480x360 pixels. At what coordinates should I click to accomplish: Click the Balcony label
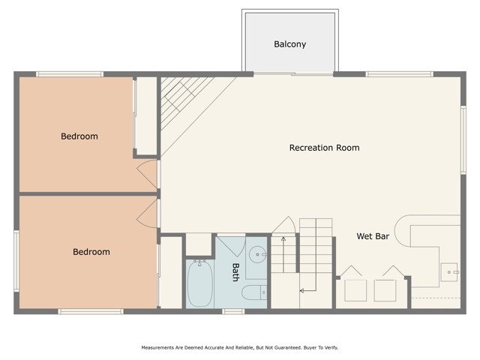click(289, 44)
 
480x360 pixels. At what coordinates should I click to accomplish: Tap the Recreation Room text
click(324, 148)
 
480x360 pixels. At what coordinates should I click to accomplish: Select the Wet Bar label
click(372, 236)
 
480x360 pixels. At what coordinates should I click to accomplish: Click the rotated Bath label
click(235, 271)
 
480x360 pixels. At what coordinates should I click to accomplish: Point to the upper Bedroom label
click(79, 136)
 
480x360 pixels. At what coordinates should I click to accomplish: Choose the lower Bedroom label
click(91, 252)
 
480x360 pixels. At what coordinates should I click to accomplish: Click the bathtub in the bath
click(200, 283)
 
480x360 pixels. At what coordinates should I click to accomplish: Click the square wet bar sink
click(449, 271)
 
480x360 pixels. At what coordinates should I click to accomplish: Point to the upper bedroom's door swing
click(148, 174)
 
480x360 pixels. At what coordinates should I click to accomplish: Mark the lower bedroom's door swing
click(148, 214)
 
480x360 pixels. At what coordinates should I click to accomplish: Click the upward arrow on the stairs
click(283, 240)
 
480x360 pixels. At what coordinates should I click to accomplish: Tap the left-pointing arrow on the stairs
click(304, 289)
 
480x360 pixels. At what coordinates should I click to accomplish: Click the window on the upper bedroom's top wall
click(70, 73)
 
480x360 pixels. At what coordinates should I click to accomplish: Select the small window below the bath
click(232, 311)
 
